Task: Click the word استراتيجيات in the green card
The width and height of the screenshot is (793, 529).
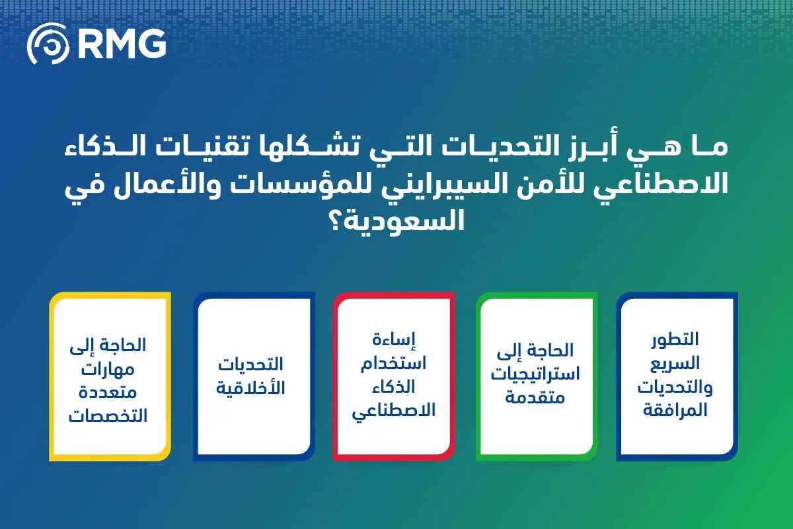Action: click(x=537, y=374)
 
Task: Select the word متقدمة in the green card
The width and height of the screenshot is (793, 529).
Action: click(x=535, y=397)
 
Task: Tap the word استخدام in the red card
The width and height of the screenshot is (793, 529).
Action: click(x=393, y=363)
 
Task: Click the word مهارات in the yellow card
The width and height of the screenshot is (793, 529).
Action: click(x=108, y=368)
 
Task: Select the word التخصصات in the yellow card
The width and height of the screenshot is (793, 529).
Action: click(x=108, y=415)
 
